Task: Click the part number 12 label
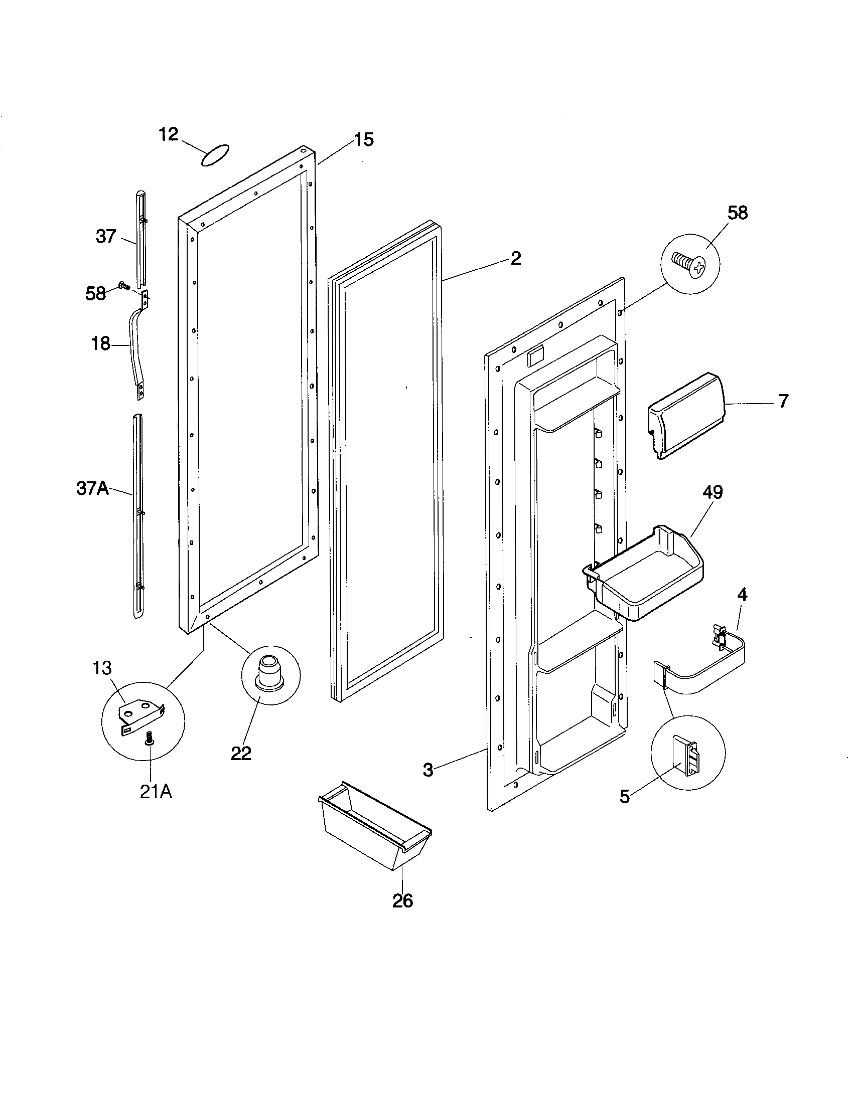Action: click(x=168, y=134)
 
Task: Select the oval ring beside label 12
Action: click(x=215, y=155)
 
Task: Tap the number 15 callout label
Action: click(x=363, y=139)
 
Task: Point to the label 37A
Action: click(x=92, y=488)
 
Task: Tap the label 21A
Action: click(x=156, y=792)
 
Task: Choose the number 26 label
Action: click(x=402, y=900)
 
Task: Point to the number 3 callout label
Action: click(x=428, y=770)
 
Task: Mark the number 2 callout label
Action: click(x=515, y=258)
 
